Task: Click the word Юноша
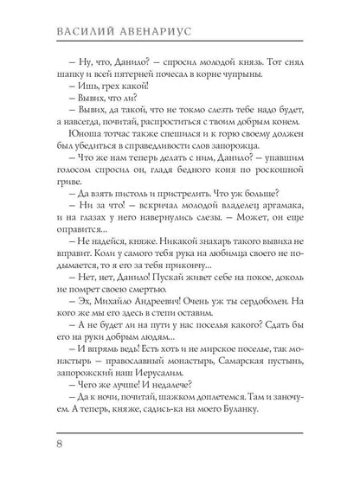pos(65,149)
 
